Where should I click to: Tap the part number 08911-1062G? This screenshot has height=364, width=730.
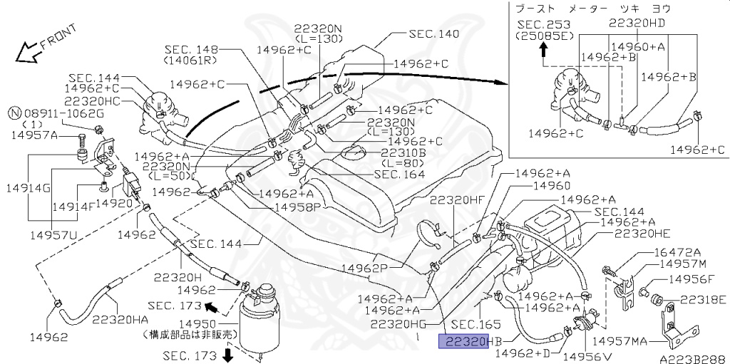pos(62,113)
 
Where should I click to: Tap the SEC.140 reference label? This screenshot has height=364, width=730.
pos(434,33)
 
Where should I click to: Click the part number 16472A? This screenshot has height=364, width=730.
pos(677,251)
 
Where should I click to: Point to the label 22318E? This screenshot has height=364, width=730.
pos(701,299)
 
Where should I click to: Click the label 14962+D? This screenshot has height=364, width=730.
pos(521,353)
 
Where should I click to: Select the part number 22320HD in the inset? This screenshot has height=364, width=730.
pos(637,22)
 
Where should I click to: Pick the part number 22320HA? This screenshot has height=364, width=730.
pos(120,320)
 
